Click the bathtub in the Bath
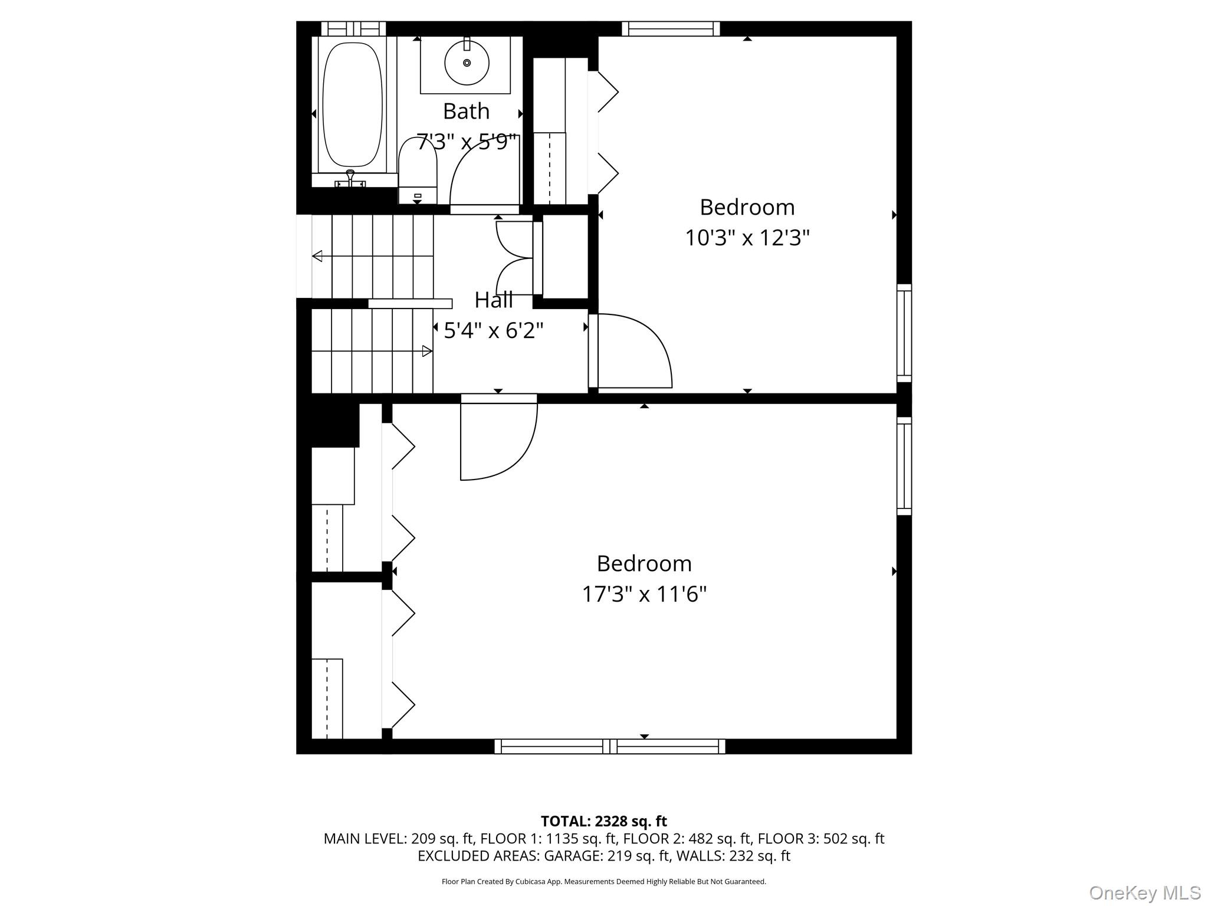click(x=353, y=105)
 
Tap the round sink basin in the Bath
click(x=467, y=63)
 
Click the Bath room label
click(x=466, y=111)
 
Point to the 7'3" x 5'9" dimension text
click(x=467, y=142)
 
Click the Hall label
click(x=494, y=300)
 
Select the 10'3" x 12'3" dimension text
click(x=747, y=238)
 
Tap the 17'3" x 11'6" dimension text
click(x=644, y=593)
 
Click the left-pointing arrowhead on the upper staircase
click(x=317, y=256)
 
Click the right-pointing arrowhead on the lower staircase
click(x=427, y=352)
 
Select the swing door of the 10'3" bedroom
click(x=634, y=351)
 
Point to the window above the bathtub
click(x=353, y=28)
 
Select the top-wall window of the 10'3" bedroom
click(x=671, y=28)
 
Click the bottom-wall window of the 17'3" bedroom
click(x=609, y=746)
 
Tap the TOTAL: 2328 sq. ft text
click(x=603, y=821)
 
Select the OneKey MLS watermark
click(x=1144, y=892)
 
